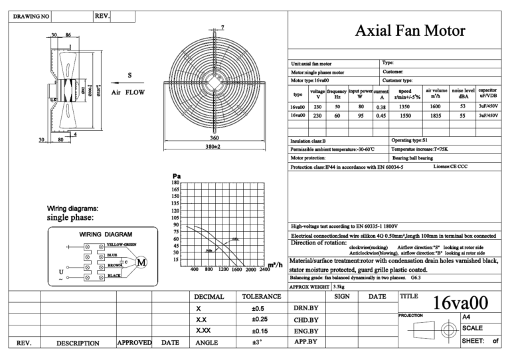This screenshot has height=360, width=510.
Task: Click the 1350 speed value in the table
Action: pyautogui.click(x=402, y=106)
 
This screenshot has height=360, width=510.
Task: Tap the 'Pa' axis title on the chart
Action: pyautogui.click(x=176, y=176)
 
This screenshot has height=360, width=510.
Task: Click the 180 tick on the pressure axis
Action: pyautogui.click(x=175, y=182)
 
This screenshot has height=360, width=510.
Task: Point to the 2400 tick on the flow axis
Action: pyautogui.click(x=264, y=270)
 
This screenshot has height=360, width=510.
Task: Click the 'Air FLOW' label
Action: pyautogui.click(x=127, y=92)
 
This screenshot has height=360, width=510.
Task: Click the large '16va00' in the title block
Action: pyautogui.click(x=460, y=304)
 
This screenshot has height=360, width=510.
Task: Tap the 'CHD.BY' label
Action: pyautogui.click(x=305, y=319)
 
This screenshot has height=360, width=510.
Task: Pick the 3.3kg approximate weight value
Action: pyautogui.click(x=338, y=286)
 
